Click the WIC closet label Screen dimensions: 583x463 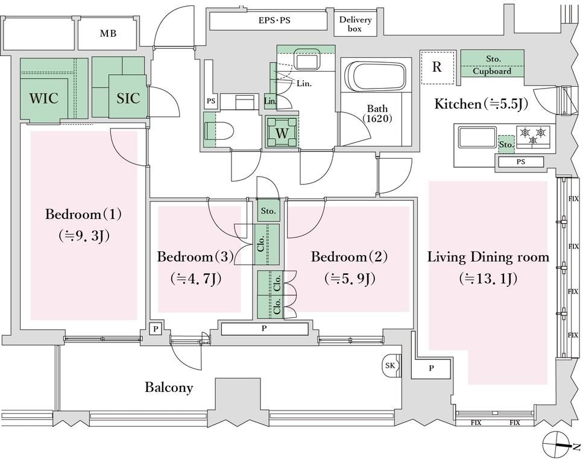(x=44, y=98)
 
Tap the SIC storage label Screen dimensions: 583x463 (x=128, y=98)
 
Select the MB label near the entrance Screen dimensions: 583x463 (x=108, y=34)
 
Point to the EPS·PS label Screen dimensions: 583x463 (x=274, y=20)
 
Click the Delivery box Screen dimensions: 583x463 (x=355, y=24)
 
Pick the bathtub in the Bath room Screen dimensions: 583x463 (x=376, y=76)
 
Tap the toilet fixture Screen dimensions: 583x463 (x=219, y=131)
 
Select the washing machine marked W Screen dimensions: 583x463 (x=282, y=133)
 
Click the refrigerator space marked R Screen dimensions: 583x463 (x=438, y=68)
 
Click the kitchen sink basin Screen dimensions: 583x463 (x=477, y=137)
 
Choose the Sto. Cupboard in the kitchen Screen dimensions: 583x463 (x=493, y=63)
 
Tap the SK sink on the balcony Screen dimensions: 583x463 (x=391, y=366)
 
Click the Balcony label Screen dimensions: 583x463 (x=169, y=388)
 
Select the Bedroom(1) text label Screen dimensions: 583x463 (x=83, y=215)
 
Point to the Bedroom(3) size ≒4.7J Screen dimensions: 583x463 (x=196, y=279)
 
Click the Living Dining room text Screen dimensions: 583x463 (x=488, y=257)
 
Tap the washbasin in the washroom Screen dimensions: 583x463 (x=306, y=59)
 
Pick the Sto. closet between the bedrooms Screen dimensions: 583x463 (x=268, y=211)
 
